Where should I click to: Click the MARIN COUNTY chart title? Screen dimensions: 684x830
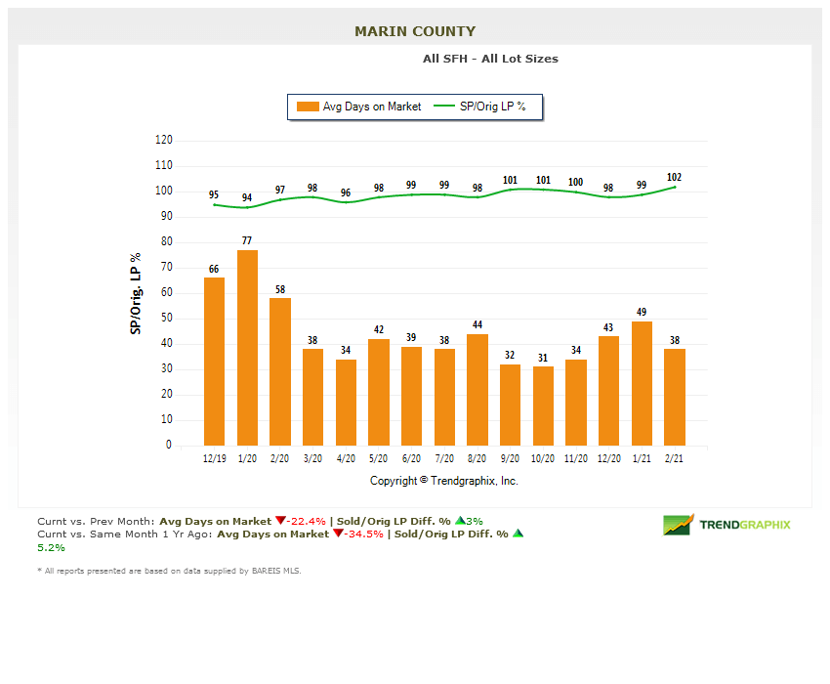[x=415, y=31]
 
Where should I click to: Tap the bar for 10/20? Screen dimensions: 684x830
[x=543, y=406]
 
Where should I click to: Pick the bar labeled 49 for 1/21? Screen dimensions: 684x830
[x=642, y=383]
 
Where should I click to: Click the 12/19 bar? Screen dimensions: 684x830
[x=214, y=362]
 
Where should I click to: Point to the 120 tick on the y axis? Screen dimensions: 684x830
[x=163, y=140]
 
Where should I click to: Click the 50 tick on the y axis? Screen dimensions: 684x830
[x=166, y=318]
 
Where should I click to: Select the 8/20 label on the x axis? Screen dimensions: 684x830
[x=477, y=458]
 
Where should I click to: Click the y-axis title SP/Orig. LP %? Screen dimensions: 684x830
[x=135, y=293]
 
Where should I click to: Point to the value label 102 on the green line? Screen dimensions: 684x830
[x=675, y=177]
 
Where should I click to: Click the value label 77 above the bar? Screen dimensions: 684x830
[x=247, y=239]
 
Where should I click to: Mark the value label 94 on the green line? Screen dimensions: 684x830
[x=247, y=197]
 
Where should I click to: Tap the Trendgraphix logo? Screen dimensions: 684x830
[x=727, y=525]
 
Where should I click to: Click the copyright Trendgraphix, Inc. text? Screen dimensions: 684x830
[x=444, y=481]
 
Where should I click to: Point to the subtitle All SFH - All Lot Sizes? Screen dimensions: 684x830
[x=490, y=59]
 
